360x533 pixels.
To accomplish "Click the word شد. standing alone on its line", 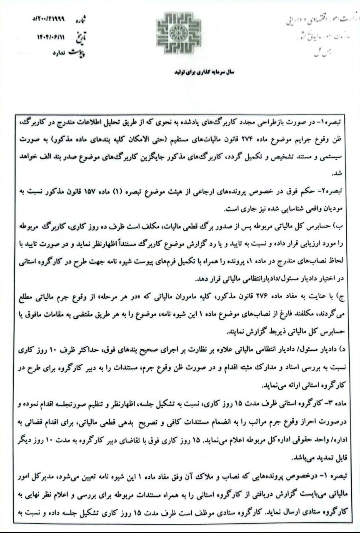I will pos(343,174).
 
